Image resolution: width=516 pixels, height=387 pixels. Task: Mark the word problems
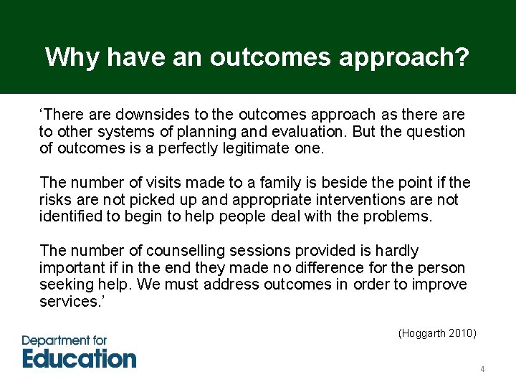click(x=399, y=216)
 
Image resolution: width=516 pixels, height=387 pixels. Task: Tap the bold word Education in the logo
click(x=79, y=358)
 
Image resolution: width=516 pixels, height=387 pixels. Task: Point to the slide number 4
click(x=482, y=370)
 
